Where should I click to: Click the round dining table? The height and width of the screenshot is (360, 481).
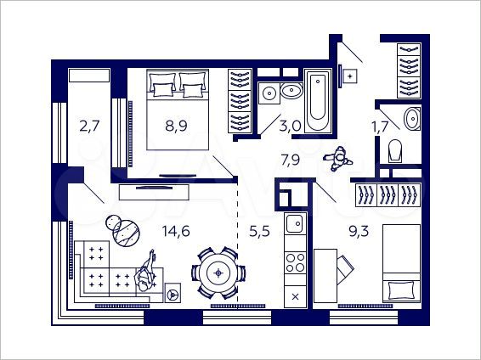tap(219, 273)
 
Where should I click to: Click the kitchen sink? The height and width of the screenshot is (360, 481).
tap(294, 224)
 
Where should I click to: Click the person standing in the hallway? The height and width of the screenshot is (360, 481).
tap(339, 158)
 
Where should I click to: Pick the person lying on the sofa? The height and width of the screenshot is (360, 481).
tap(147, 273)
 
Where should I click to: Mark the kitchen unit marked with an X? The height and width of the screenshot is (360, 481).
tap(295, 296)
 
